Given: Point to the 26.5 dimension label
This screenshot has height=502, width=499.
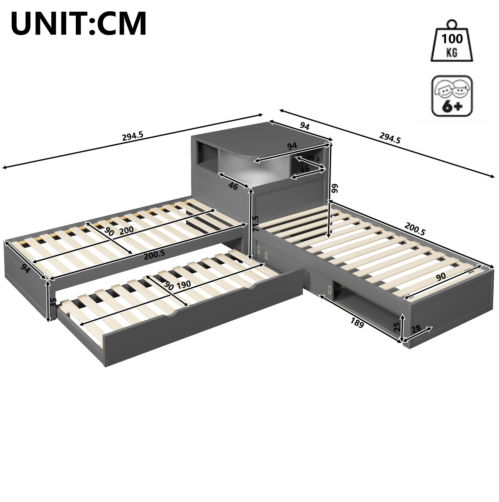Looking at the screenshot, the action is (313, 158).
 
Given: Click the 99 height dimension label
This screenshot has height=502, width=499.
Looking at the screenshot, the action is (335, 189).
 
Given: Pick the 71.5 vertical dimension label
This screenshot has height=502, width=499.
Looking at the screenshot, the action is (256, 223).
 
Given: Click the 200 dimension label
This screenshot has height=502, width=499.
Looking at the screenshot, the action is (126, 230).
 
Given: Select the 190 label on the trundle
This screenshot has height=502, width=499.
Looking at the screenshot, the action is (184, 284).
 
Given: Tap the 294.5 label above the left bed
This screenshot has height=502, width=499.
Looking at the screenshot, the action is (133, 136).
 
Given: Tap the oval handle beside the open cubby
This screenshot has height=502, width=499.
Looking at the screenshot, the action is (330, 289).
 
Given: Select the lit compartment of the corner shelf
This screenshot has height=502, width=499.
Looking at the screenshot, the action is (252, 166).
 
